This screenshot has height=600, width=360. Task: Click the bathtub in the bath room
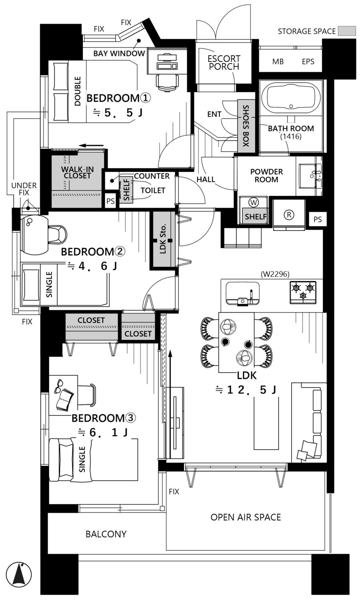(x=291, y=98)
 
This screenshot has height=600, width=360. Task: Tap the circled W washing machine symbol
(x=253, y=202)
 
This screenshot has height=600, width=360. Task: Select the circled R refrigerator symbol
(x=289, y=214)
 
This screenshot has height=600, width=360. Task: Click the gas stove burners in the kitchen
(x=303, y=292)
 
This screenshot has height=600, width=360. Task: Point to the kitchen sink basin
(x=243, y=293)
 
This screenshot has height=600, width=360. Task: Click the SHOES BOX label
(x=246, y=126)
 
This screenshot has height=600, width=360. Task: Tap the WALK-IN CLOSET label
(x=77, y=172)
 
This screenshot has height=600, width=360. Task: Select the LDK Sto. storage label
(x=163, y=238)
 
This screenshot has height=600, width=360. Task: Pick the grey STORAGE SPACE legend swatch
(x=347, y=31)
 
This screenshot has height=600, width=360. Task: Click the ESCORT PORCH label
(x=224, y=62)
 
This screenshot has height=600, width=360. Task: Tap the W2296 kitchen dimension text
(x=275, y=274)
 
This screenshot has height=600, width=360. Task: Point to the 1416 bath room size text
(x=291, y=137)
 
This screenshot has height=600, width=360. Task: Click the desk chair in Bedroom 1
(x=167, y=82)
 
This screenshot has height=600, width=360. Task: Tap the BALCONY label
(x=106, y=534)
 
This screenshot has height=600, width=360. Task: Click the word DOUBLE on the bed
(x=78, y=91)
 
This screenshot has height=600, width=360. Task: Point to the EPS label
(x=308, y=62)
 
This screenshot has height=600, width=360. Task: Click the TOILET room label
(x=153, y=190)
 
